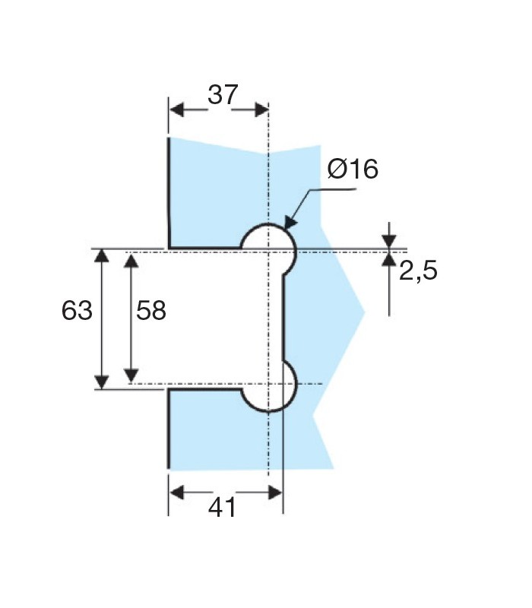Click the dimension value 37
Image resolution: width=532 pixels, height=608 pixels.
223,95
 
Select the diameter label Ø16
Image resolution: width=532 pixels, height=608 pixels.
353,169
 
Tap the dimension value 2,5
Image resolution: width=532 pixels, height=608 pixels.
418,271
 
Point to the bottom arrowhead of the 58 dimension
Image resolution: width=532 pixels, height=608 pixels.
131,375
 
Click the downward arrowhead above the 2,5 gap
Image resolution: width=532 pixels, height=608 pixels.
389,241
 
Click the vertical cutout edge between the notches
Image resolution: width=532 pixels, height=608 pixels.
283,319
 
